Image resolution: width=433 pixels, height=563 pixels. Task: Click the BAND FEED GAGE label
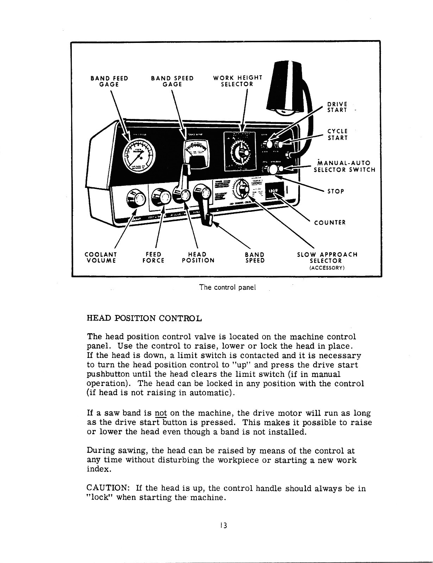click(x=109, y=81)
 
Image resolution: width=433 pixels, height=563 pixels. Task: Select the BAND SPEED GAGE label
click(x=172, y=81)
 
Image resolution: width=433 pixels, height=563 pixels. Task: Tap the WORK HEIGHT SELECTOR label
click(x=238, y=81)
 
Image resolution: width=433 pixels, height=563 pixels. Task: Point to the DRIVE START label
click(x=337, y=107)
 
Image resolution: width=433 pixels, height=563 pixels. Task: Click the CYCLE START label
click(x=338, y=134)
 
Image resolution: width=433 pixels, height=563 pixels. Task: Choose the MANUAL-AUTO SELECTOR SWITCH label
click(x=344, y=166)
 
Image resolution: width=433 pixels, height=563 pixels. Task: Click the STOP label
click(x=335, y=191)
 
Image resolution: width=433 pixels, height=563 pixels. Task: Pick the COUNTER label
click(x=330, y=222)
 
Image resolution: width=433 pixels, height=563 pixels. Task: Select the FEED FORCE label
click(x=153, y=257)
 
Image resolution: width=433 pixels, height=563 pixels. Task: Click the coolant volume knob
click(x=136, y=199)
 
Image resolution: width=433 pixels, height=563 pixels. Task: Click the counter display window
click(x=274, y=192)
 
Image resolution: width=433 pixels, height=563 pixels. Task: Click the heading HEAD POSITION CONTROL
click(x=144, y=319)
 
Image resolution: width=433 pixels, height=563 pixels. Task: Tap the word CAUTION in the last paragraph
click(x=107, y=488)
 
